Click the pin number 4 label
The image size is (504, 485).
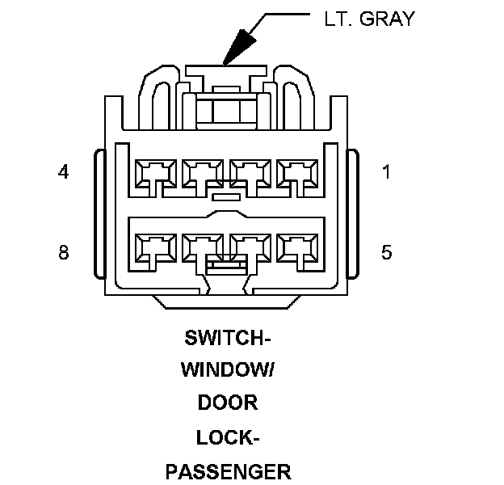(x=62, y=172)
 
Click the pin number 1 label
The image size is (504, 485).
(x=387, y=172)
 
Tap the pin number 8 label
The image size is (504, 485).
(x=64, y=253)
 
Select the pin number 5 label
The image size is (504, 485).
(x=387, y=253)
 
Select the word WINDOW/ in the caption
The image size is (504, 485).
(x=227, y=369)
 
